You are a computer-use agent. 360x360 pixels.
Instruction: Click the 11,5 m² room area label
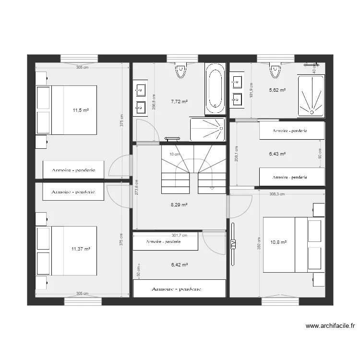[81, 110]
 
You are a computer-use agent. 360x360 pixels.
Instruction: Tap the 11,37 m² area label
[81, 249]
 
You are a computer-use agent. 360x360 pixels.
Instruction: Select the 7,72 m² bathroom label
[179, 102]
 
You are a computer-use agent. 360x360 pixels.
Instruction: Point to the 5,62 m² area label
[277, 90]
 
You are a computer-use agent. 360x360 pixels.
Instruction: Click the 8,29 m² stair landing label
[179, 204]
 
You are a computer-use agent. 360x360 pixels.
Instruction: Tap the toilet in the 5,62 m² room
[275, 70]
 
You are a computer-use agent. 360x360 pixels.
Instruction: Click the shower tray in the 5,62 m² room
[312, 96]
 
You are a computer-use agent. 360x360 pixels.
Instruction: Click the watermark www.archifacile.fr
[330, 326]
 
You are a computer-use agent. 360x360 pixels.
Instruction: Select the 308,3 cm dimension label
[277, 194]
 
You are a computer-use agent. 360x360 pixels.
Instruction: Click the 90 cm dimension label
[320, 153]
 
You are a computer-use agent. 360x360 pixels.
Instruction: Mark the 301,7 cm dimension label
[180, 235]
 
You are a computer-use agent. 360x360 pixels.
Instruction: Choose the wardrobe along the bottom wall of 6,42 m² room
[179, 289]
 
